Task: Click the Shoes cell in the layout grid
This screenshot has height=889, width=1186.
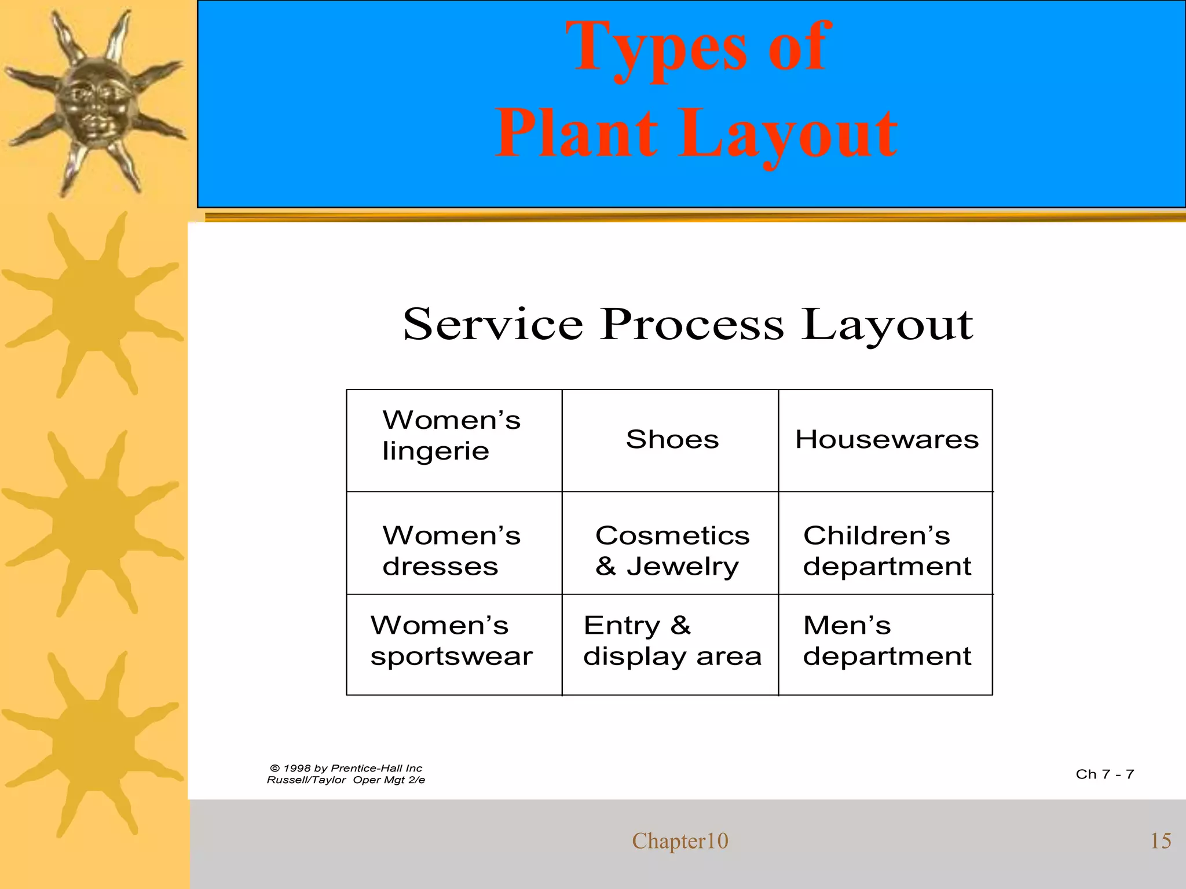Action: (x=672, y=439)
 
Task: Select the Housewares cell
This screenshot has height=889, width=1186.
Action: (x=887, y=439)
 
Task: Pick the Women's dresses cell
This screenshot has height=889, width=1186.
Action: (x=452, y=550)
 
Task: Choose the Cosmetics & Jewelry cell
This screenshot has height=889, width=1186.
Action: (x=672, y=550)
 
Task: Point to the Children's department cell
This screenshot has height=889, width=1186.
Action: (x=887, y=550)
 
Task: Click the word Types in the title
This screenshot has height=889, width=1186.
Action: (x=655, y=49)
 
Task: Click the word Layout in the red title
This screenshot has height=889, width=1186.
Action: (x=788, y=136)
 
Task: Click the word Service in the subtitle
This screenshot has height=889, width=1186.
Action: (x=493, y=324)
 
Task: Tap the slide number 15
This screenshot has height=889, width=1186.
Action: (x=1160, y=841)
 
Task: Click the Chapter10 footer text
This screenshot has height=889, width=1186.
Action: (x=680, y=841)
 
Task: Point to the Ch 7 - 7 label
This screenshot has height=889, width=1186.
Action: (x=1104, y=774)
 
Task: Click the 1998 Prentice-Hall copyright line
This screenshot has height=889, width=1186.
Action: (x=346, y=768)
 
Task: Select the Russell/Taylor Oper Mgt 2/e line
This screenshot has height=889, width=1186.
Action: (x=346, y=780)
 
